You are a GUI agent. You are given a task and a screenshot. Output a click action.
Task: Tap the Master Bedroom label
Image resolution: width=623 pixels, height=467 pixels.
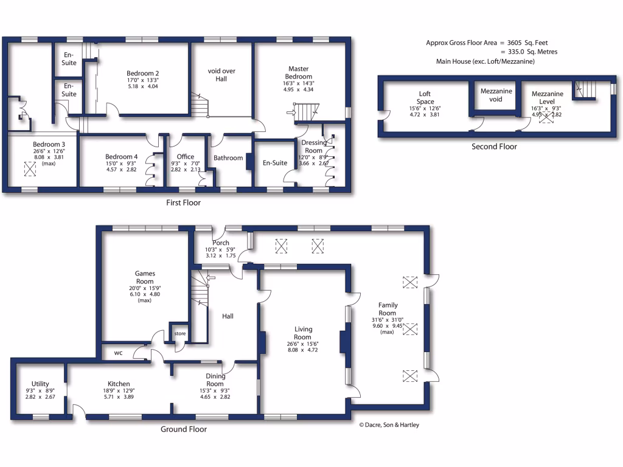pyautogui.click(x=298, y=73)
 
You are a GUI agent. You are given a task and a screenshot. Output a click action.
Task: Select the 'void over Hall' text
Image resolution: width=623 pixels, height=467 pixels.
pyautogui.click(x=221, y=75)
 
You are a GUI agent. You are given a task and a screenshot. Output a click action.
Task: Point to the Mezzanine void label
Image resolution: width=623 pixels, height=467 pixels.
pyautogui.click(x=496, y=95)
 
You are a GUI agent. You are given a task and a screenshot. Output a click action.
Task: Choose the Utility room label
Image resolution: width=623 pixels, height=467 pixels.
pyautogui.click(x=40, y=384)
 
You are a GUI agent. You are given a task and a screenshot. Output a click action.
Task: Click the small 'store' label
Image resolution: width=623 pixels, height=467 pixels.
pyautogui.click(x=180, y=334)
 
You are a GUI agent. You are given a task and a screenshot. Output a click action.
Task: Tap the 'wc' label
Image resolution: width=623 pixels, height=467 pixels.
pyautogui.click(x=118, y=352)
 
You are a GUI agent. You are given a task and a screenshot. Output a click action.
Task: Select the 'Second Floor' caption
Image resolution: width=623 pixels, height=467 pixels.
pyautogui.click(x=494, y=147)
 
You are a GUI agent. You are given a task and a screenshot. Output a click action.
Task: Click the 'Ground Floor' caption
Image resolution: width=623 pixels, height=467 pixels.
pyautogui.click(x=183, y=429)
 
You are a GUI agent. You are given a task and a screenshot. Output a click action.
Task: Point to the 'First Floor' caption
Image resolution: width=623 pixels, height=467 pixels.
pyautogui.click(x=183, y=202)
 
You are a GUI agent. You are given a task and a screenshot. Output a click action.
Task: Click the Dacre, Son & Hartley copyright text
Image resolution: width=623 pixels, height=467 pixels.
pyautogui.click(x=389, y=425)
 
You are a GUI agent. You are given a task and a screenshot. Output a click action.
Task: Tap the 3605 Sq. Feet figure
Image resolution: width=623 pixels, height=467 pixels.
pyautogui.click(x=527, y=43)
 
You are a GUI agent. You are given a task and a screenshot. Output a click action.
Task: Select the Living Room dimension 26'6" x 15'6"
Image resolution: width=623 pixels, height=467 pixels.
pyautogui.click(x=302, y=344)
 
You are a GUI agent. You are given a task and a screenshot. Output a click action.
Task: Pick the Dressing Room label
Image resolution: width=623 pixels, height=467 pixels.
pyautogui.click(x=314, y=147)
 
